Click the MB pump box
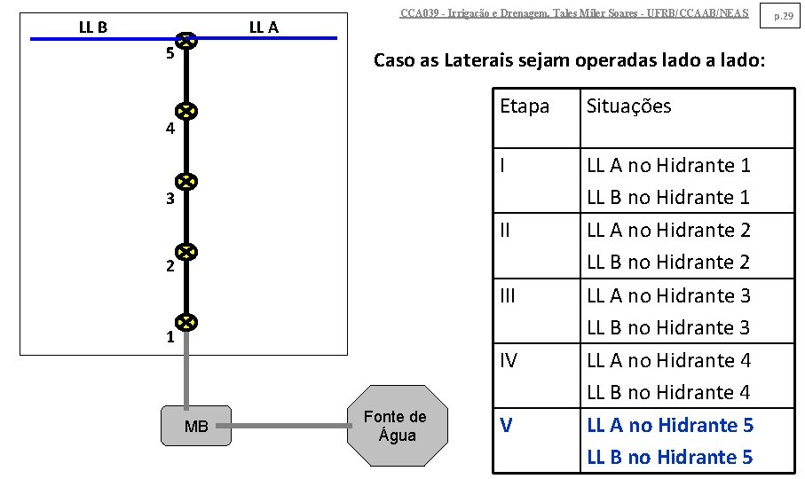point(196,426)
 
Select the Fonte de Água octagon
point(395,426)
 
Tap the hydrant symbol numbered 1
point(185,323)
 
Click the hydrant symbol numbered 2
point(185,253)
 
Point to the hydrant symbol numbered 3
point(185,183)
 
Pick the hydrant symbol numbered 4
point(185,112)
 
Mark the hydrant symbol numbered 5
point(185,41)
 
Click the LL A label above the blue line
point(264,27)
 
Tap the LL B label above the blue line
point(93,27)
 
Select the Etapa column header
point(525,106)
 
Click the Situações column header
point(628,106)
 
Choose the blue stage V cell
point(506,426)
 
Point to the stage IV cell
point(509,360)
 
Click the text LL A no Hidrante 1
point(668,165)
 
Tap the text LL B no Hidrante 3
point(668,327)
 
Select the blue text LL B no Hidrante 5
point(669,458)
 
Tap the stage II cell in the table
point(506,231)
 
